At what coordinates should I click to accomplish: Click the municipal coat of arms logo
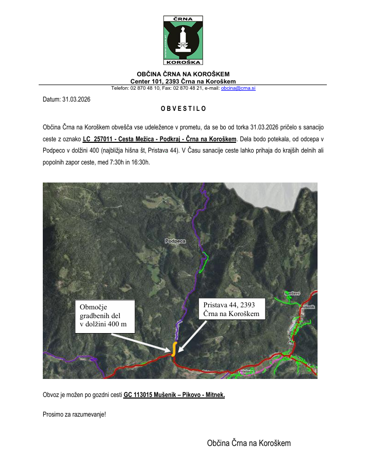click(x=183, y=40)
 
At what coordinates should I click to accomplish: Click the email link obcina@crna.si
click(x=239, y=88)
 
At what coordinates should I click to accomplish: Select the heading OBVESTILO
click(x=183, y=109)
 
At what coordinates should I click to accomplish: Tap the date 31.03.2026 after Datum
click(x=76, y=99)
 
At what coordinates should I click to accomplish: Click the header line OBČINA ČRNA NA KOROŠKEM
click(x=183, y=74)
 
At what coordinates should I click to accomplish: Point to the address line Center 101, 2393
click(x=183, y=81)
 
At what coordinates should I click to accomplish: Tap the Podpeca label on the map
click(x=175, y=241)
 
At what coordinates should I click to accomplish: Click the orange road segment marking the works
click(x=174, y=349)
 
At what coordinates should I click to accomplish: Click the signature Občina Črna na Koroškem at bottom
click(x=249, y=443)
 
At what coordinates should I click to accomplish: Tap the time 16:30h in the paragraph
click(x=140, y=163)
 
